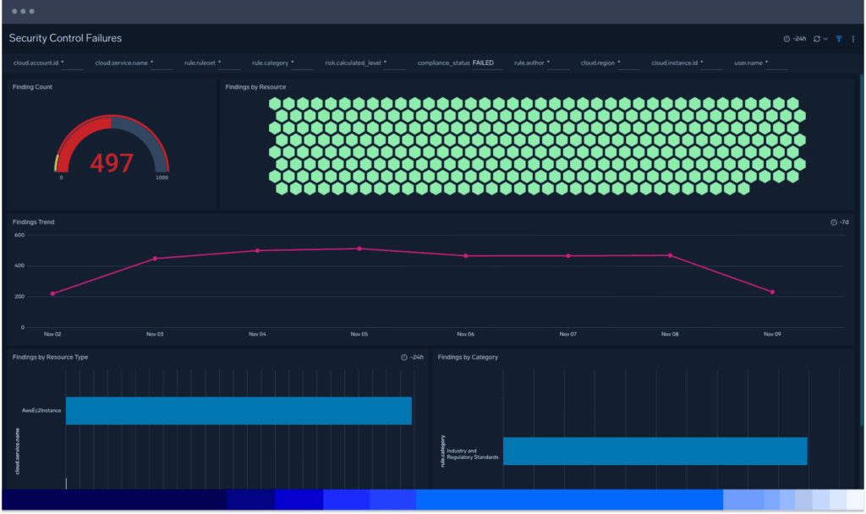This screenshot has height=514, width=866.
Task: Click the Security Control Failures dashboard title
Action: point(65,38)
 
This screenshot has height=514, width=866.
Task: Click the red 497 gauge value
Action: point(112,162)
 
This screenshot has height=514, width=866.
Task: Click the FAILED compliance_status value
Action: point(483,63)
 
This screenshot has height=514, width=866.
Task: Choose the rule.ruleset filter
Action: point(201,63)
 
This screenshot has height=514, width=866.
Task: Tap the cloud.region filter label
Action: point(598,63)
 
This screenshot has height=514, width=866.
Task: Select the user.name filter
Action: point(749,63)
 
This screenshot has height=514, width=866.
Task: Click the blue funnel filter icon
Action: point(839,39)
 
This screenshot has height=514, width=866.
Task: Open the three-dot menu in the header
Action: point(853,39)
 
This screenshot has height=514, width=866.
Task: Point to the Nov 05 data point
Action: point(359,249)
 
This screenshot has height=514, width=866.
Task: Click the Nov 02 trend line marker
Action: point(52,293)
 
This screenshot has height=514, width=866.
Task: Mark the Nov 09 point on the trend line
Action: point(772,293)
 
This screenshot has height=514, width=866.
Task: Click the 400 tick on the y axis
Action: point(19,265)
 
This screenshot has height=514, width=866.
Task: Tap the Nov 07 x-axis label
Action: point(567,334)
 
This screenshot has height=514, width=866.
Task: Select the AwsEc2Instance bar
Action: point(238,411)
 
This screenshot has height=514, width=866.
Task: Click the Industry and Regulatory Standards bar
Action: point(655,451)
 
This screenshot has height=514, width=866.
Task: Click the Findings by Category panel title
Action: point(468,358)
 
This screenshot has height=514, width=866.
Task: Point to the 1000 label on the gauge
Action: point(161,178)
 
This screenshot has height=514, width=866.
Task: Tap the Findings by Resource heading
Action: point(255,87)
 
